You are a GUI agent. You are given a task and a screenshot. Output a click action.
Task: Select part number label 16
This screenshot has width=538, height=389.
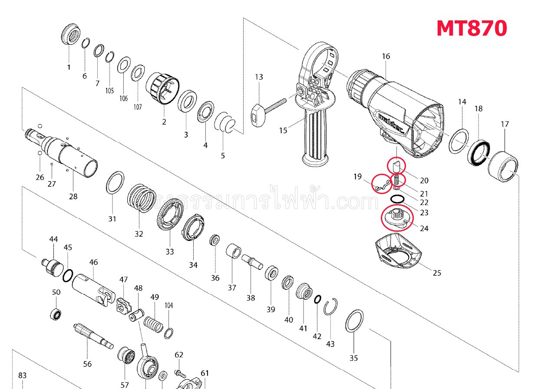(x=386, y=56)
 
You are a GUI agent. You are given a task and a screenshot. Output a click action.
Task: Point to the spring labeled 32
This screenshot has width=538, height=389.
(x=141, y=198)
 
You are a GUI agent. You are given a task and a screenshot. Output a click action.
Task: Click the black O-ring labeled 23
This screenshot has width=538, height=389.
(x=396, y=199)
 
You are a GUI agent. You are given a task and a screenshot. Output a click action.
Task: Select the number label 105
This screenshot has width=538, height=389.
(x=109, y=91)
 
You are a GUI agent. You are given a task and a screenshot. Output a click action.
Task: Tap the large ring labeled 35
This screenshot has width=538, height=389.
(x=354, y=321)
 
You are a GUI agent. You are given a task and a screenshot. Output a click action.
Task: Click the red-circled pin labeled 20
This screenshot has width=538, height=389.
(x=396, y=165)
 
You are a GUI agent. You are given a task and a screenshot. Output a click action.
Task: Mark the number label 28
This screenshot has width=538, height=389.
(x=73, y=196)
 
